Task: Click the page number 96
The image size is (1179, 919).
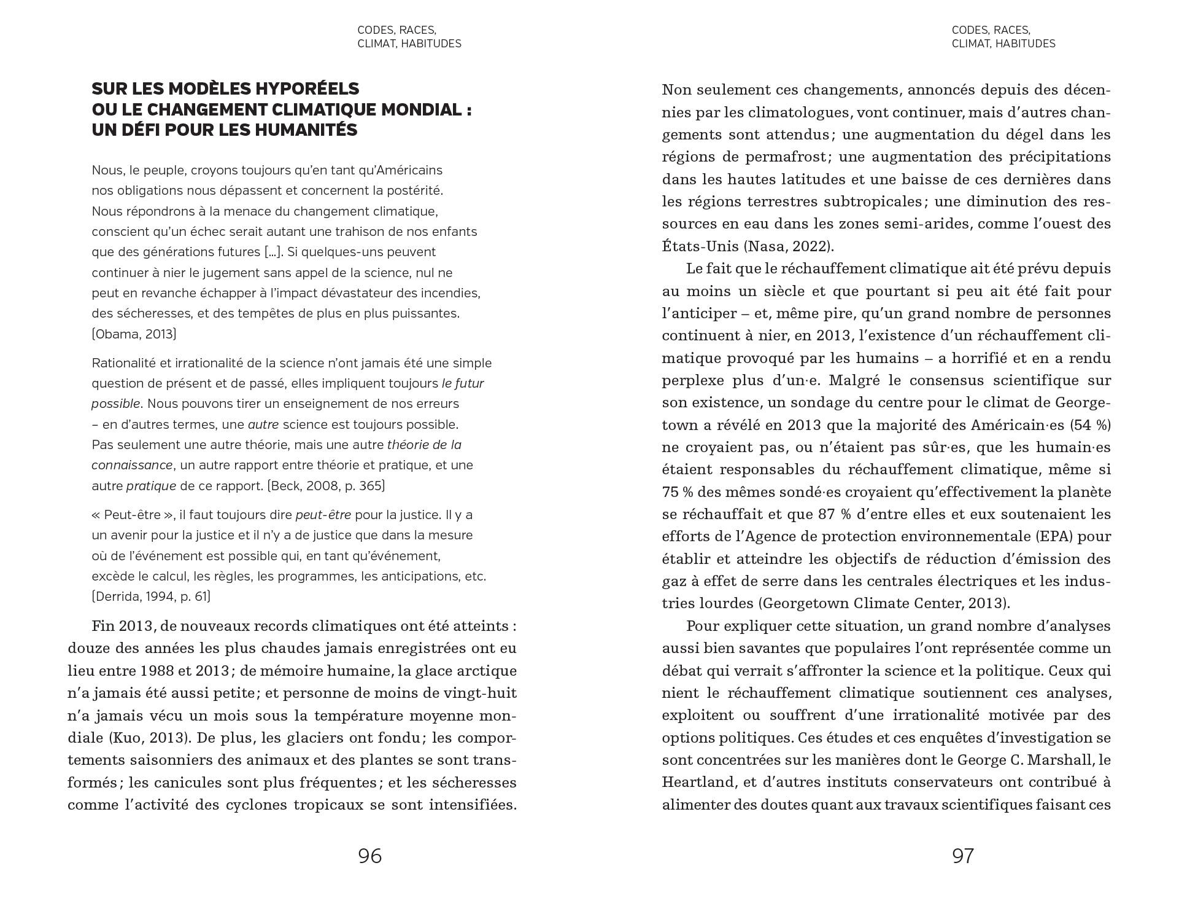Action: coord(369,856)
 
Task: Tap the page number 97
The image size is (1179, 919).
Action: coord(963,856)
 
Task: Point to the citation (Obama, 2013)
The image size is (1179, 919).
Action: coord(134,334)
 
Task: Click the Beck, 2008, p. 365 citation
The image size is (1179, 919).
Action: coord(326,486)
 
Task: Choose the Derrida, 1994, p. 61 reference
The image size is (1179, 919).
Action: coord(151,596)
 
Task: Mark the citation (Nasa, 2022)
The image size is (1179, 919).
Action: coord(789,246)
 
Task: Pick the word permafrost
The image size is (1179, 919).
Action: coord(786,157)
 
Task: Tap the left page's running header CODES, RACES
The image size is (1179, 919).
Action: coord(396,30)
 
